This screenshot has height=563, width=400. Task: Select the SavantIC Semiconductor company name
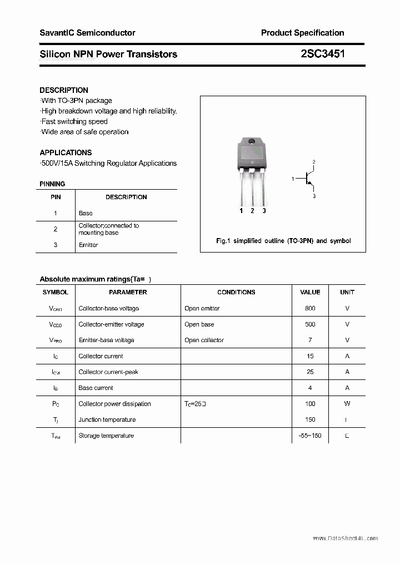click(87, 33)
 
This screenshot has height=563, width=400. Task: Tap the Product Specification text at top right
click(302, 33)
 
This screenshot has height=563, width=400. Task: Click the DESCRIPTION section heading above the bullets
click(64, 90)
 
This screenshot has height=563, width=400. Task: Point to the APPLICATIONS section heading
click(66, 152)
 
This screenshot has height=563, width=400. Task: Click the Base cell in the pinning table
click(86, 213)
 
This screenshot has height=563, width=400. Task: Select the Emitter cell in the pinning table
click(88, 245)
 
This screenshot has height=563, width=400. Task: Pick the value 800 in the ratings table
click(310, 308)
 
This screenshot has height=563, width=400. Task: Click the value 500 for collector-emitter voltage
click(310, 324)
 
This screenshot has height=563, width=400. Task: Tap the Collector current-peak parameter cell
click(108, 372)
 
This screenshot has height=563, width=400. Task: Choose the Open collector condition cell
click(204, 340)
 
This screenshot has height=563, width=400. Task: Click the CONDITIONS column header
click(236, 292)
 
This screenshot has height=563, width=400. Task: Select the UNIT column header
click(347, 292)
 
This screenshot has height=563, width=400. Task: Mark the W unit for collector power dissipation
click(347, 404)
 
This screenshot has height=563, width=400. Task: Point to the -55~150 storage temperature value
click(310, 436)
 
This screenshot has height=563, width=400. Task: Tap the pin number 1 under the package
click(241, 211)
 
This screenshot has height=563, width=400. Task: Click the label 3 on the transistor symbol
click(314, 196)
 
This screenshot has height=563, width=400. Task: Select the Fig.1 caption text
click(283, 241)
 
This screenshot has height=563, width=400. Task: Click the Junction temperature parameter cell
click(107, 419)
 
